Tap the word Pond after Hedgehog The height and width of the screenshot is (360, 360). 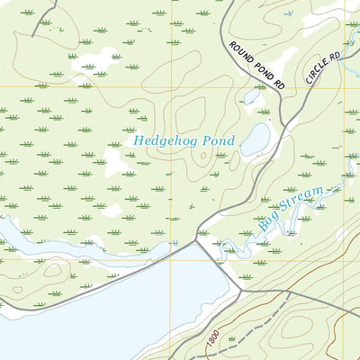point(218,141)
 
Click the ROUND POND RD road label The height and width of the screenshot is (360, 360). point(256,65)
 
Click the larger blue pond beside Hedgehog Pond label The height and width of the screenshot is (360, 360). point(256,139)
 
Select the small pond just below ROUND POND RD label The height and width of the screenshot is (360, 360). point(252,95)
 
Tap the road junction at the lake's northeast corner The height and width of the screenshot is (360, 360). point(198,240)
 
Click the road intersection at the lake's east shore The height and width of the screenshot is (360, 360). point(241,291)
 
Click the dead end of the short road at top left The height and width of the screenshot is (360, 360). point(32,34)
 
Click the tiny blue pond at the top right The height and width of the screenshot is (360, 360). point(290,14)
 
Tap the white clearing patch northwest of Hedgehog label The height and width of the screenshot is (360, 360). point(99,61)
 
